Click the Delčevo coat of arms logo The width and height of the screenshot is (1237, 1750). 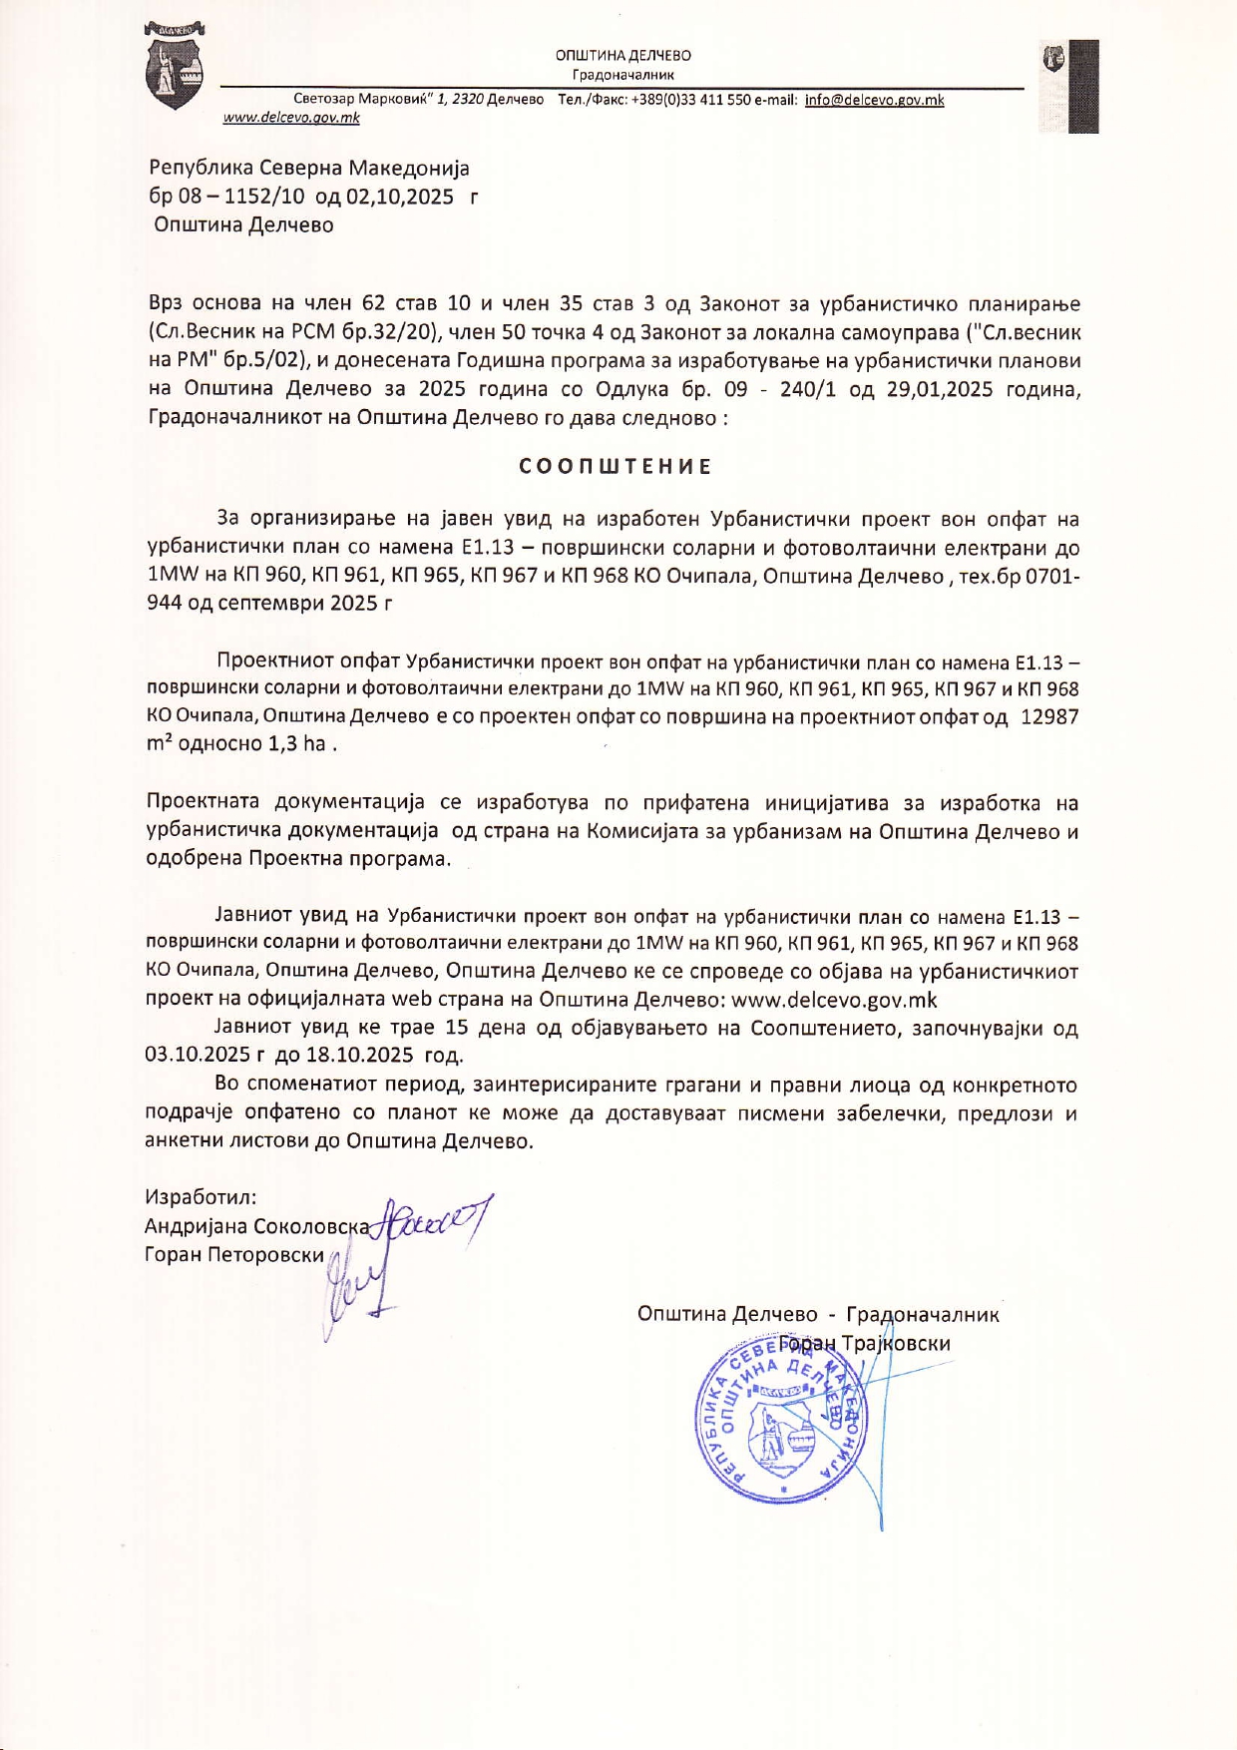pos(175,67)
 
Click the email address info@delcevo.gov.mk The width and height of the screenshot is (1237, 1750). pos(874,100)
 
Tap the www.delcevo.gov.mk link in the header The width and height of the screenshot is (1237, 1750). pos(291,118)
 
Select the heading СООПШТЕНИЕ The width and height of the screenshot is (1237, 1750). pos(616,467)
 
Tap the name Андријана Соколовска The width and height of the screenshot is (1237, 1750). pos(256,1226)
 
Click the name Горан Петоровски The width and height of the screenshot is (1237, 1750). pos(234,1254)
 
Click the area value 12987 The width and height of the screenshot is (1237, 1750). pos(1048,716)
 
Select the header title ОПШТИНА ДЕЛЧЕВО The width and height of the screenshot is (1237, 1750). pos(623,56)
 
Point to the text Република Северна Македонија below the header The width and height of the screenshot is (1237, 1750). pos(309,168)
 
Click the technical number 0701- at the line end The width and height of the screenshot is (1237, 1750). pos(1048,576)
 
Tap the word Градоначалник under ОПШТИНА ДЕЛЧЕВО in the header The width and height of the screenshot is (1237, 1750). pos(623,75)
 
